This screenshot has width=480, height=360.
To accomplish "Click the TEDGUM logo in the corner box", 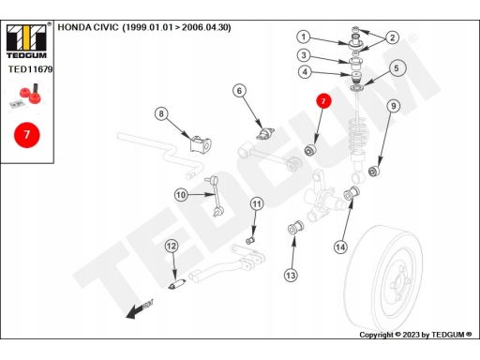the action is coord(26,40).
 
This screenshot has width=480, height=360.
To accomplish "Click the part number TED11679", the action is coord(30,69).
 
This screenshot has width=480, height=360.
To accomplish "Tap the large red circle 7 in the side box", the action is coord(27,135).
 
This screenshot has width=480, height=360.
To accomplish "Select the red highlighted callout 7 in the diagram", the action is coord(323,101).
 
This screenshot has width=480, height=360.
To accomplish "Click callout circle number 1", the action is coord(304,37).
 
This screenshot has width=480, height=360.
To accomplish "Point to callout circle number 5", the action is coord(397,68).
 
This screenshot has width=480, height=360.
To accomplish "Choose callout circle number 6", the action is coord(239,91).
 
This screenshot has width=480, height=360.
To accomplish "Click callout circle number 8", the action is coord(161,113).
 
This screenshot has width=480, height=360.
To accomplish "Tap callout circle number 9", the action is coord(394,106).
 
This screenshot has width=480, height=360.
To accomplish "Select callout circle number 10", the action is coord(181,195).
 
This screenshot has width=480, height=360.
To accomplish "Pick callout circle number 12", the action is coord(172,247).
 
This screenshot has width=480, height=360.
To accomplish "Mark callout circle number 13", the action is coord(291,276).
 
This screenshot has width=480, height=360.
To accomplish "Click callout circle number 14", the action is coord(340,247).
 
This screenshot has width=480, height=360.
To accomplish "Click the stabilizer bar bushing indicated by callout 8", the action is coord(201,144).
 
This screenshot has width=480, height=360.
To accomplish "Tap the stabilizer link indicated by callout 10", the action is coord(213,196).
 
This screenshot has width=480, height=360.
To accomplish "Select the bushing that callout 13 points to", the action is coord(295,227).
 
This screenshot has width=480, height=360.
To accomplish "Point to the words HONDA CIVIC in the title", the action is coord(88,27).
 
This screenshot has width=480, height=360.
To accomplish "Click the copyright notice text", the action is coord(415,335).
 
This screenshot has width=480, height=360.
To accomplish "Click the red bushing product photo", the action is coord(26,95).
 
